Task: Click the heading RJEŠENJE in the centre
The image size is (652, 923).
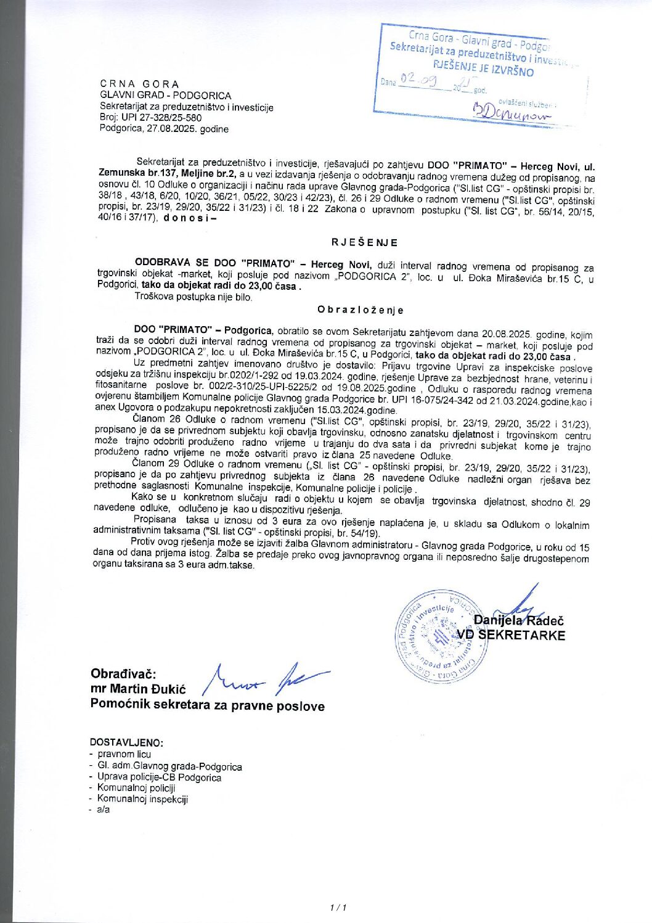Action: (x=364, y=242)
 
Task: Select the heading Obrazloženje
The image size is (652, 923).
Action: (x=361, y=310)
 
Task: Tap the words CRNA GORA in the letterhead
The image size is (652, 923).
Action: (x=140, y=84)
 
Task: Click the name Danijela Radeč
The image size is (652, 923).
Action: (x=518, y=620)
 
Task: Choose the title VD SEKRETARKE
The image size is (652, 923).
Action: (x=511, y=635)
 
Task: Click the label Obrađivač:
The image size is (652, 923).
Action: (x=123, y=674)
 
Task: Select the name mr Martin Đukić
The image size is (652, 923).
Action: (x=138, y=689)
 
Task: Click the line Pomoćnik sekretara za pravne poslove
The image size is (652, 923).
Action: (x=207, y=705)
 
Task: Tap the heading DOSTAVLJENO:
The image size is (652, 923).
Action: (x=126, y=742)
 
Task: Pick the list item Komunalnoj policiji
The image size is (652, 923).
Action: (x=136, y=787)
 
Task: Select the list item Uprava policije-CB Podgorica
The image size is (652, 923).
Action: (x=159, y=777)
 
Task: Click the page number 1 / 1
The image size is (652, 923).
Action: (x=339, y=907)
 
